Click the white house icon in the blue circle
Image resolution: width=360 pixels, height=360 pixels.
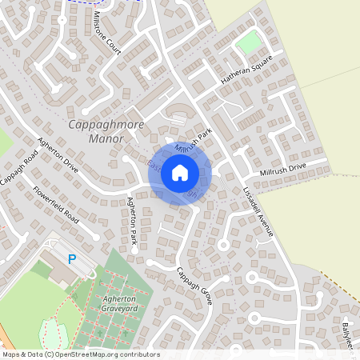coord(180,172)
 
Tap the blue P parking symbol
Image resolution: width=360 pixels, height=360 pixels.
coord(72,259)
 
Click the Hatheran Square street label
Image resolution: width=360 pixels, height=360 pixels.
coord(247,69)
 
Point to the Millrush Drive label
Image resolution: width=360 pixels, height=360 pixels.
coord(282,170)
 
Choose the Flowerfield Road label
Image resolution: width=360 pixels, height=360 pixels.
coord(56,205)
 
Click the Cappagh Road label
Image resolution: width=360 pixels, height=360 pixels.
coord(18,167)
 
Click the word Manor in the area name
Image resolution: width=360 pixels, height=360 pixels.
coord(106,138)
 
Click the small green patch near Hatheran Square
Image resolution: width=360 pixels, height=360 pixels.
coord(250,42)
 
